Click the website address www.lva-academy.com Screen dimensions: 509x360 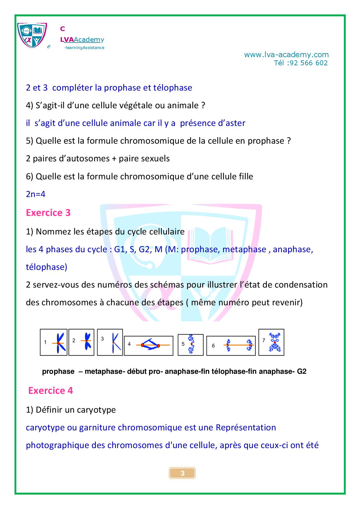(x=286, y=55)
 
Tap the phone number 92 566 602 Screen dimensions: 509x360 (x=308, y=63)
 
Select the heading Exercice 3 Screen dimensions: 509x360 (x=48, y=213)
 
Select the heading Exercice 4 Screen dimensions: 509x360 (x=51, y=391)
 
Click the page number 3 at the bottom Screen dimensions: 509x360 (x=182, y=473)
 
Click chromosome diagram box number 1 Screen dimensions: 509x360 (x=54, y=342)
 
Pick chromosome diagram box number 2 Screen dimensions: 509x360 (x=82, y=342)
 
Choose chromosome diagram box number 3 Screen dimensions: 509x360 (x=110, y=342)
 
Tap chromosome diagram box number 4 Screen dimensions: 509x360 (x=149, y=345)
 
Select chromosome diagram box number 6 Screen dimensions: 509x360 (x=231, y=345)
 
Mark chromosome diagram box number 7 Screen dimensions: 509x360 (x=271, y=342)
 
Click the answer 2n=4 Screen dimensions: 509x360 (x=36, y=194)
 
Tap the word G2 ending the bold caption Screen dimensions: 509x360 (x=302, y=371)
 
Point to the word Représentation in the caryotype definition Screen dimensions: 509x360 (x=246, y=427)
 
